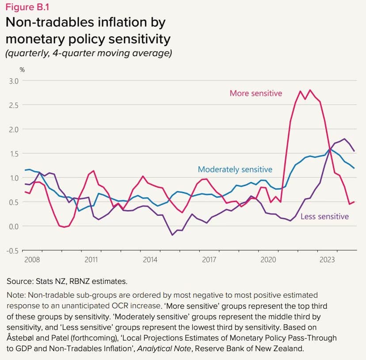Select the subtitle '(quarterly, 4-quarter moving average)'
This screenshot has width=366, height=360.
[88, 54]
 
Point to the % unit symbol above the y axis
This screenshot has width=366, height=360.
[22, 70]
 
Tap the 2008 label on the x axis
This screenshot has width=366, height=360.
[32, 260]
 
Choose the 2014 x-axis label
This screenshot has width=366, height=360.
[150, 260]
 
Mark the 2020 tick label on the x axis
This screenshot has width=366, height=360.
[268, 260]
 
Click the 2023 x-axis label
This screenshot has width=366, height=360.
[327, 260]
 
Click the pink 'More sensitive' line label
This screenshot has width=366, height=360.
[255, 93]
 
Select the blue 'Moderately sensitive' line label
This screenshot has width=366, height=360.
[235, 169]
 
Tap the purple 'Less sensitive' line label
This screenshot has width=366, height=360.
[324, 216]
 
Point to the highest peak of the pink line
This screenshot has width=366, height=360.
[310, 90]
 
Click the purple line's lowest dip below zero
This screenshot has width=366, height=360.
[172, 235]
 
